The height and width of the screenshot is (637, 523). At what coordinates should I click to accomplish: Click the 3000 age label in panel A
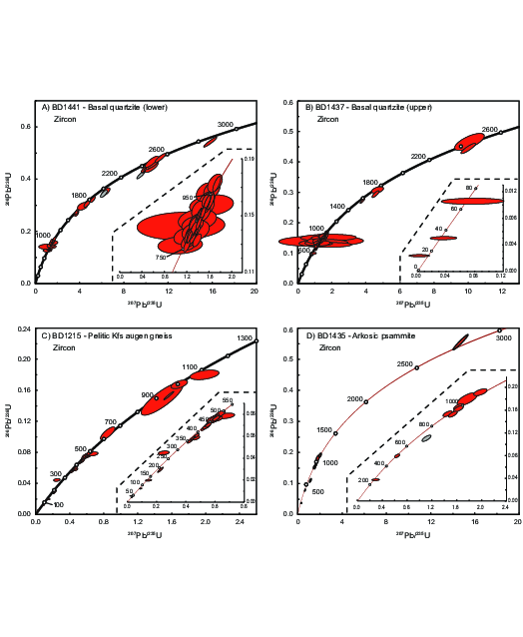[226, 125]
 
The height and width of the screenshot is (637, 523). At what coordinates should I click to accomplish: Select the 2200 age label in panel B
[418, 157]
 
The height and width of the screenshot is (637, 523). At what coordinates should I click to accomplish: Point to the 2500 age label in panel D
[405, 364]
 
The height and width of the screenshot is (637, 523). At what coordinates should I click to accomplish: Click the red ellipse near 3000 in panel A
[211, 143]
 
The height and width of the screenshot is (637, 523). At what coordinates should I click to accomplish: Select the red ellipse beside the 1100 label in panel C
[204, 373]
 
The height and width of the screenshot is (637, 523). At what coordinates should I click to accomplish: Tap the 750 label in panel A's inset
[162, 258]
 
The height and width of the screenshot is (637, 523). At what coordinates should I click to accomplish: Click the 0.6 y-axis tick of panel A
[25, 127]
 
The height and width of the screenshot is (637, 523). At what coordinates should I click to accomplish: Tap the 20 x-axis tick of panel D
[517, 522]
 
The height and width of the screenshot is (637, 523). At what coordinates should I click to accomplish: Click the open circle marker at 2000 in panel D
[366, 401]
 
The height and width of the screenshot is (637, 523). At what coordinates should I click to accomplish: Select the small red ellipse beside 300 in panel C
[58, 480]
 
